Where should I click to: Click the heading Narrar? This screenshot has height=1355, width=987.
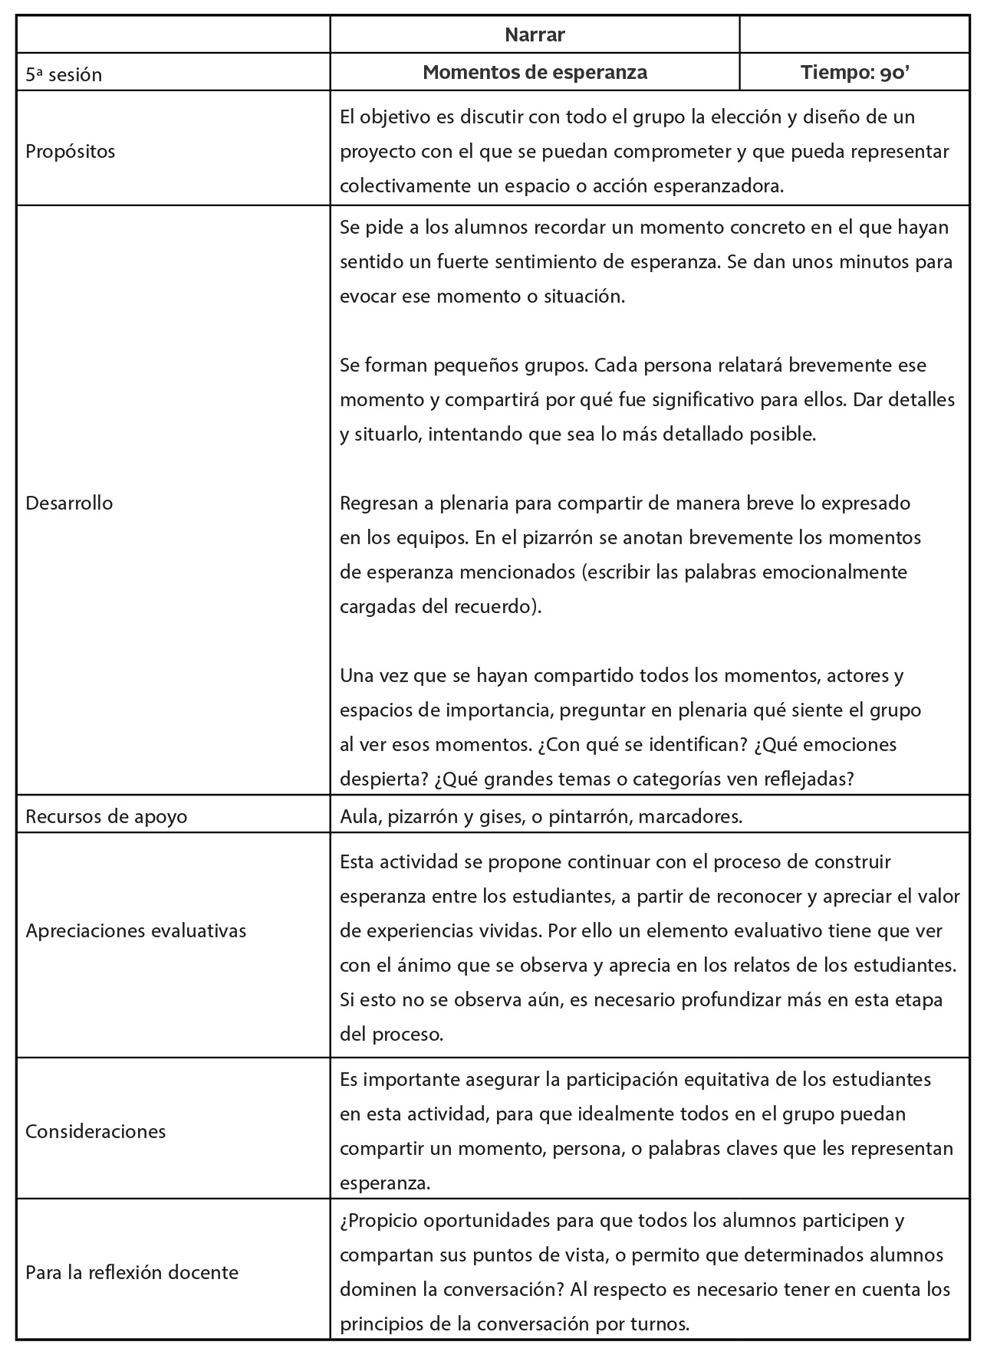click(535, 34)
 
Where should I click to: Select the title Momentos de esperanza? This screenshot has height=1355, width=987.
click(535, 72)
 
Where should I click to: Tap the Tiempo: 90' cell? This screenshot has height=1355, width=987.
click(855, 72)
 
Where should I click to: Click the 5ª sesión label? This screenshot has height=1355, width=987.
click(64, 74)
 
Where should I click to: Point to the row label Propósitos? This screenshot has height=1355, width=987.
click(71, 151)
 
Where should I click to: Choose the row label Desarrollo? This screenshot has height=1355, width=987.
click(69, 503)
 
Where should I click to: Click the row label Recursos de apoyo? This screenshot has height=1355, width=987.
click(107, 815)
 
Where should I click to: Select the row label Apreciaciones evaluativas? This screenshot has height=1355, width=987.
click(136, 930)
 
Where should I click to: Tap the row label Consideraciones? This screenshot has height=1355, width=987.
click(95, 1131)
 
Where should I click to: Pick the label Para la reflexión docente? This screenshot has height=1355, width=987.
click(132, 1272)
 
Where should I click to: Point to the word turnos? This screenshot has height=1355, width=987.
click(662, 1324)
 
